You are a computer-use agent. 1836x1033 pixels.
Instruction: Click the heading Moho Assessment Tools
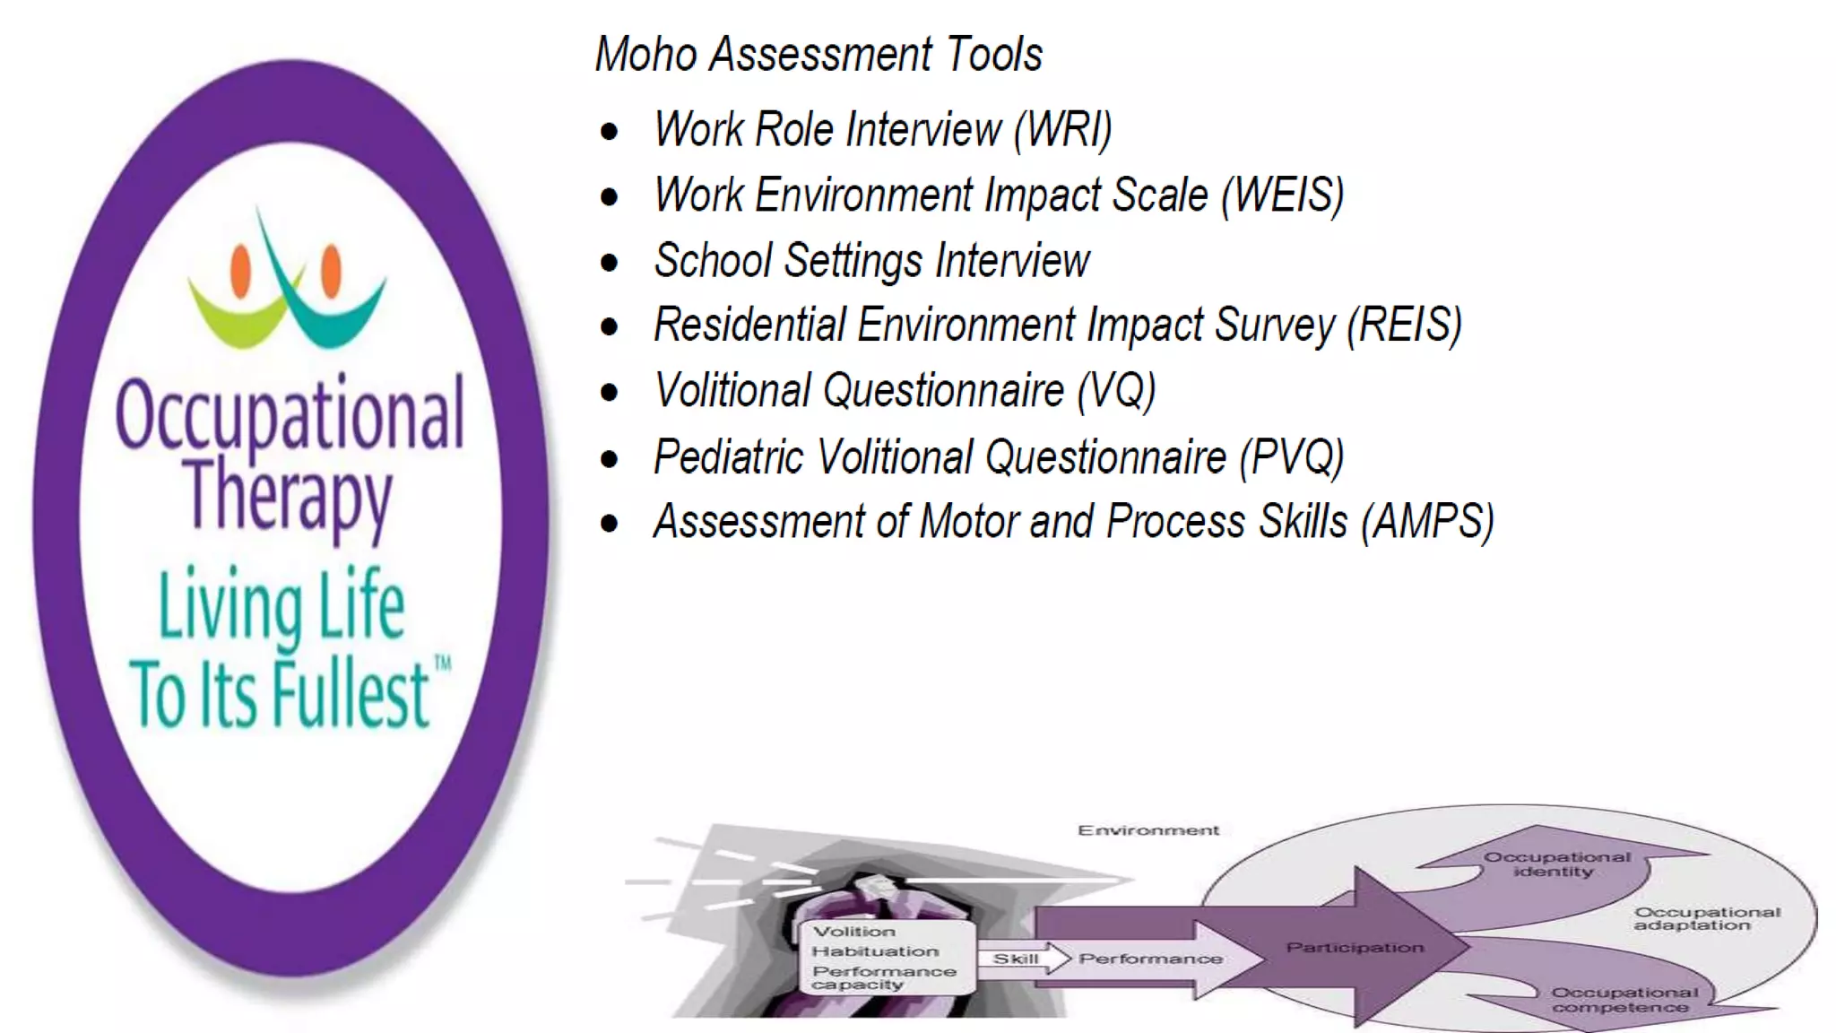point(818,55)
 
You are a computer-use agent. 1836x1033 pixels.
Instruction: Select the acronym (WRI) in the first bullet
point(1063,130)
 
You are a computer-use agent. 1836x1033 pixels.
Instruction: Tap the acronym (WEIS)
point(1283,195)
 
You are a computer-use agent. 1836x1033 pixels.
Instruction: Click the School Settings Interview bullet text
point(871,261)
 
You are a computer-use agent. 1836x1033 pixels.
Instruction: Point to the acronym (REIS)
point(1404,326)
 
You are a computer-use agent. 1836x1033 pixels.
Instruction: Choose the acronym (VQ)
point(1116,392)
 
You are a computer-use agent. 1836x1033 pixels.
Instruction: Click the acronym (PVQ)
point(1291,457)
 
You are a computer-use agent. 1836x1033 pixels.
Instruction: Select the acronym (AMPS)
point(1427,523)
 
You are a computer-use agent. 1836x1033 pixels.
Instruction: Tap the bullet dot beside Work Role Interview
point(610,133)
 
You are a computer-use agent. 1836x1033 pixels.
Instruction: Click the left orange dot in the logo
point(240,270)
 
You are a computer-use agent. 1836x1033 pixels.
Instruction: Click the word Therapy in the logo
point(289,496)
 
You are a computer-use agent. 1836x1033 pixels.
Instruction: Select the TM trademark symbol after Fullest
point(442,664)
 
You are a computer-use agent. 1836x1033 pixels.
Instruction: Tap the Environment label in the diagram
point(1147,830)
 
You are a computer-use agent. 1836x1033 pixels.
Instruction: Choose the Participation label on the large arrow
point(1354,947)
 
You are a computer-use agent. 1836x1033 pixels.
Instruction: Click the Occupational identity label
point(1556,864)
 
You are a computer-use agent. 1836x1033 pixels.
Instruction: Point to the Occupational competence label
point(1624,1000)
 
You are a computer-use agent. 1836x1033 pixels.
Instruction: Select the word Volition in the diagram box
point(853,932)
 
